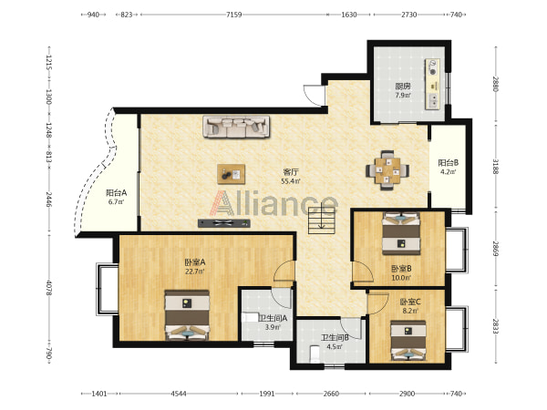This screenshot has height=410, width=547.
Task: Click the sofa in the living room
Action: pyautogui.click(x=236, y=127)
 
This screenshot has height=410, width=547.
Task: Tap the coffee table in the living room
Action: pyautogui.click(x=231, y=174)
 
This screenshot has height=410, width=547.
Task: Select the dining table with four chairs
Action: pyautogui.click(x=387, y=170)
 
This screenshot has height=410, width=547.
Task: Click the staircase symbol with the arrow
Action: pyautogui.click(x=321, y=220)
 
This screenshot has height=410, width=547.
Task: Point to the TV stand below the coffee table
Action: pyautogui.click(x=224, y=223)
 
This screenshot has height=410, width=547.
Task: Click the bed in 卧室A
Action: pyautogui.click(x=187, y=315)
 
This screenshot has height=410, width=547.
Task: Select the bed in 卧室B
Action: pyautogui.click(x=401, y=233)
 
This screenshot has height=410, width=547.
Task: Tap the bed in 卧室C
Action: pyautogui.click(x=408, y=341)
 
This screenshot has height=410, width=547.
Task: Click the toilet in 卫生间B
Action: pyautogui.click(x=315, y=354)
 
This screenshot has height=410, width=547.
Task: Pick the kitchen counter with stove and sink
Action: pyautogui.click(x=432, y=84)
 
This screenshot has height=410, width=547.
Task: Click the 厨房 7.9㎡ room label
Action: pyautogui.click(x=403, y=90)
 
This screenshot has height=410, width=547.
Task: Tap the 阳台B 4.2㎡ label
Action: pyautogui.click(x=448, y=167)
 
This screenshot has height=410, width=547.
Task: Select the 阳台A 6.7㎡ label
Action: pyautogui.click(x=116, y=197)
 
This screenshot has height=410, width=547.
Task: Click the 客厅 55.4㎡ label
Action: pyautogui.click(x=291, y=176)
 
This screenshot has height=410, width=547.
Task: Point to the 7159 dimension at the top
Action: pyautogui.click(x=233, y=15)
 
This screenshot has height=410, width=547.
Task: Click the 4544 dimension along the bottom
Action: pyautogui.click(x=179, y=394)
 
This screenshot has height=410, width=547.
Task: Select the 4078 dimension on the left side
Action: pyautogui.click(x=49, y=288)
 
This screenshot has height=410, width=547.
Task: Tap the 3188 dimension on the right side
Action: pyautogui.click(x=495, y=167)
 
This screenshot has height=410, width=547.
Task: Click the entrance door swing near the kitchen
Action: pyautogui.click(x=312, y=95)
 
